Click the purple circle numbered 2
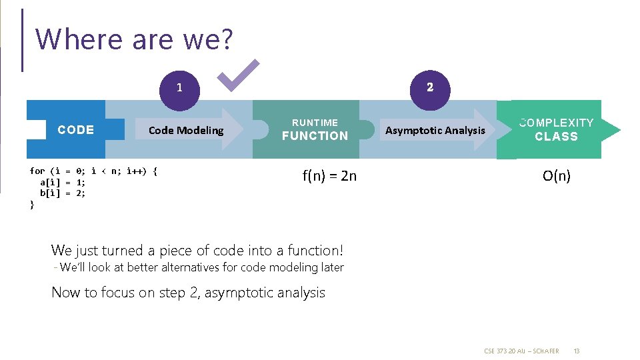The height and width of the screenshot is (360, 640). click(x=430, y=87)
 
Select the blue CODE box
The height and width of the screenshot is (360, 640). click(x=75, y=130)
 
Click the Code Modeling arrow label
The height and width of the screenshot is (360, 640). click(x=186, y=131)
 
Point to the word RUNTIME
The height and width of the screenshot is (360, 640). click(x=315, y=123)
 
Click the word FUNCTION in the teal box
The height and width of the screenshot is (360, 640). click(x=315, y=136)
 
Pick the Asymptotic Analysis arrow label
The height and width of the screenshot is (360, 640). click(x=435, y=131)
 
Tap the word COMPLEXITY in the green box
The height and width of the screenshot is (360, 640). click(x=556, y=123)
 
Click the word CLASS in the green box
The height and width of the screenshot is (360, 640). click(x=556, y=137)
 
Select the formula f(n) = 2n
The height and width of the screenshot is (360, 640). click(x=329, y=177)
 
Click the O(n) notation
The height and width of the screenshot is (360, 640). click(x=557, y=177)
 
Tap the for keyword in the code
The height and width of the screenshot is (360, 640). click(x=37, y=171)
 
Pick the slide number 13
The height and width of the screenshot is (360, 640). click(x=577, y=351)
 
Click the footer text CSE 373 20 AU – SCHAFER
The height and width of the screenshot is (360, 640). click(x=521, y=351)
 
